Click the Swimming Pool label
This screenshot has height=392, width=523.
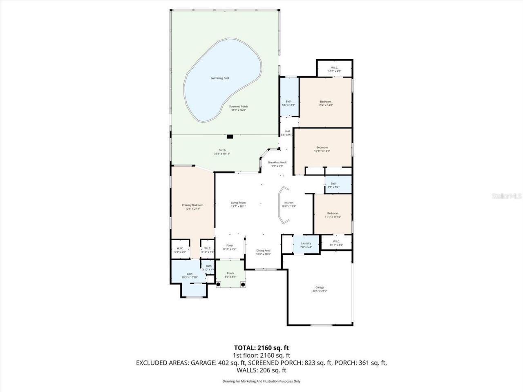pos(219,78)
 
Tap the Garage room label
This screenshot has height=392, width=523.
pos(320,287)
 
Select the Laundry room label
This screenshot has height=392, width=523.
pos(306,243)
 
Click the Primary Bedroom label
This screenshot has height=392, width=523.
pos(192,205)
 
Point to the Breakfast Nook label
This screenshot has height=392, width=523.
pos(277,163)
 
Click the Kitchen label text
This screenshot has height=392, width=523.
pos(289,203)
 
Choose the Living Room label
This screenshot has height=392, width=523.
pos(238,203)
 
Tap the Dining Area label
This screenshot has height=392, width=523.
pos(263,251)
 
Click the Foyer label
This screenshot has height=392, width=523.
pos(230,246)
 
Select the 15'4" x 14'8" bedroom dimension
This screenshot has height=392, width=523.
pos(326,105)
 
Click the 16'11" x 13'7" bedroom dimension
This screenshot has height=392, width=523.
pos(322,151)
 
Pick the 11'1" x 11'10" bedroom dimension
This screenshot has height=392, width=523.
pos(333,217)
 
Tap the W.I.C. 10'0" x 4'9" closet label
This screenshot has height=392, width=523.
pos(334,69)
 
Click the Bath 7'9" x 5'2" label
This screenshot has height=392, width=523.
pos(333,185)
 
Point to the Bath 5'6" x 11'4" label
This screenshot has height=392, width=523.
pos(288,103)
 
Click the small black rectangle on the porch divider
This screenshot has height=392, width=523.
pos(230,136)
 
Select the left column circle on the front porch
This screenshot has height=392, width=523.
pos(219,284)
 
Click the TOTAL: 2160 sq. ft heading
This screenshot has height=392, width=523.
pos(261,348)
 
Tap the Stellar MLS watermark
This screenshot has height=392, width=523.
pos(507,196)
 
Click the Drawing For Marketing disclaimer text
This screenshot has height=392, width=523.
pos(261,381)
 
